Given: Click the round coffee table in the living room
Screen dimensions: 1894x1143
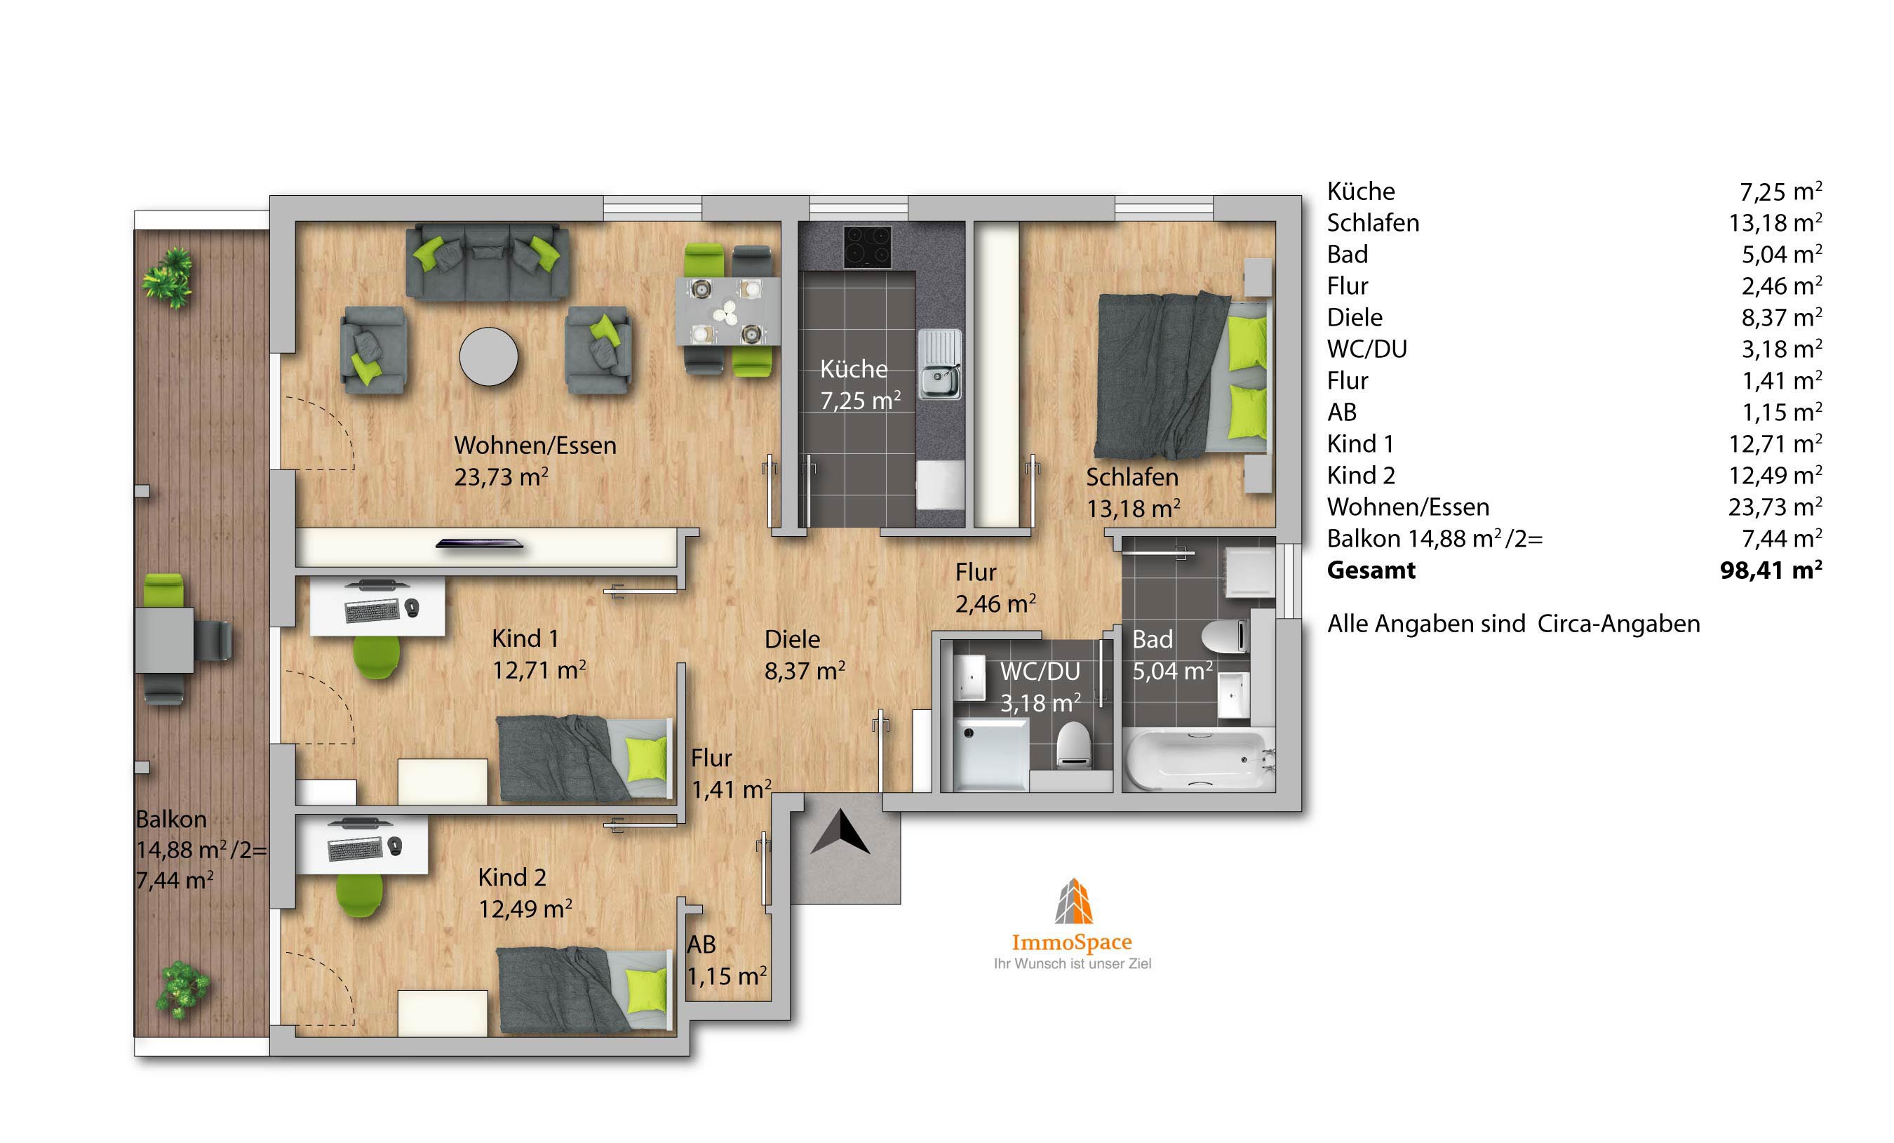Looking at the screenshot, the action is pos(489,356).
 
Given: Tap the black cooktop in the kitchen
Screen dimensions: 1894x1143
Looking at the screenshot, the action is pos(868,247).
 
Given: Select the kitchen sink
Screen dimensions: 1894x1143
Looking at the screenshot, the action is pos(939,363).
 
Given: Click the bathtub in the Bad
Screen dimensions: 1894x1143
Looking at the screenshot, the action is pos(1195,759).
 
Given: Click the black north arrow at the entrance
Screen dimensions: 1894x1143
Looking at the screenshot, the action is pos(840,831).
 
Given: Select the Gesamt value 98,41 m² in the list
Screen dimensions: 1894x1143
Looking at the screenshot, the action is pos(1771,570).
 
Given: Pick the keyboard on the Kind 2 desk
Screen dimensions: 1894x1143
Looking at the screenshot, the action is pos(355,848).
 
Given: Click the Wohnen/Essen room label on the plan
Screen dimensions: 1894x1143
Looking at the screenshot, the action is pos(535,446).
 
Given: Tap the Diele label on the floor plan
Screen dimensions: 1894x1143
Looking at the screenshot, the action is pos(792,639).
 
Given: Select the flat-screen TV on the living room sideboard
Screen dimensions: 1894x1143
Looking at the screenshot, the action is pos(480,544).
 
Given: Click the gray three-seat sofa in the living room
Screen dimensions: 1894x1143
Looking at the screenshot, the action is pos(488,262).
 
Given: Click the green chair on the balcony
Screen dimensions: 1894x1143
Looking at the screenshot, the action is pos(163,590).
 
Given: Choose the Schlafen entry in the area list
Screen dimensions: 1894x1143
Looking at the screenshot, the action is pos(1373,223).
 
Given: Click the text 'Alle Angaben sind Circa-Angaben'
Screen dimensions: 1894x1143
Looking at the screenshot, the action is pos(1514,624).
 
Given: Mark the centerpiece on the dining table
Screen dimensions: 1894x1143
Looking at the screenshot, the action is pos(725,312).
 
